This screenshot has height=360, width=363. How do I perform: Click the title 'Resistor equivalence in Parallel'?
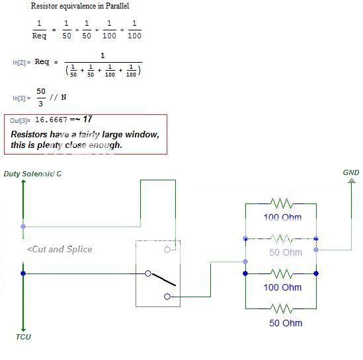tap(80, 6)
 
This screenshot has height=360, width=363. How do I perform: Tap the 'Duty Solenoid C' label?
tap(32, 174)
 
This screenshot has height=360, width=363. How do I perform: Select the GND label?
tap(351, 172)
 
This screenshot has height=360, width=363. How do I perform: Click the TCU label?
tap(23, 337)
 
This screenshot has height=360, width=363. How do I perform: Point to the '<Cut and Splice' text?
tap(60, 249)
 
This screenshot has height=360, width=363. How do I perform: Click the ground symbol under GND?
tap(352, 180)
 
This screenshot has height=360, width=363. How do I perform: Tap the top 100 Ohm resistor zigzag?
tap(282, 203)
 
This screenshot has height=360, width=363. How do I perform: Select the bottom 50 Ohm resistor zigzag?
tap(282, 308)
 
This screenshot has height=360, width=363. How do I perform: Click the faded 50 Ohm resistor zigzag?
tap(282, 238)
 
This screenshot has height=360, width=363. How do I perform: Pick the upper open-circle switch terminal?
tap(167, 250)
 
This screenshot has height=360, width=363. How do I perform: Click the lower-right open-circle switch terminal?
tap(167, 297)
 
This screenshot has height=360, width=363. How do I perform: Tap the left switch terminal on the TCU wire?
tap(148, 273)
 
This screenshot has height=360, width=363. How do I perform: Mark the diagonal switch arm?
tap(163, 280)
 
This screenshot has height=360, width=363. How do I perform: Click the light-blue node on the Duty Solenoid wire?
tap(23, 227)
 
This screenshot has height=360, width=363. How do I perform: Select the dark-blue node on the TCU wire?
tap(23, 273)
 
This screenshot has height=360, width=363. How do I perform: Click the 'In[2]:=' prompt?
tap(22, 63)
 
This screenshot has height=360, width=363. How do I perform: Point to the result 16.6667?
tap(51, 120)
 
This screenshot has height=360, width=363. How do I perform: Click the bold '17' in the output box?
tap(87, 119)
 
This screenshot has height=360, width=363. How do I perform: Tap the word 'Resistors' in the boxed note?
tap(29, 134)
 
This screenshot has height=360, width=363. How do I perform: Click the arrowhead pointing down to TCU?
tap(23, 330)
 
